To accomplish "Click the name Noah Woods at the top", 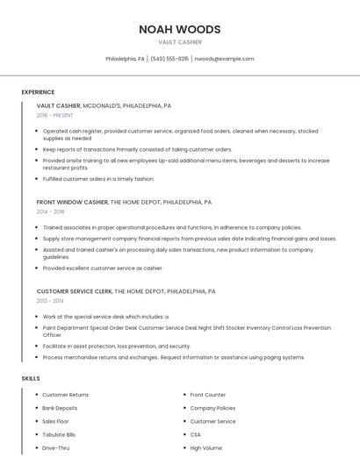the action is point(179,29).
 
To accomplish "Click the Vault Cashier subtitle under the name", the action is point(179,42).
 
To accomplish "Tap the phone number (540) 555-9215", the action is point(169,59).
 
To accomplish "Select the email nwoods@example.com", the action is point(224,59).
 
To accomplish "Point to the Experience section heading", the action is point(38,92).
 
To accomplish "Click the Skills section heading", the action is point(31,378).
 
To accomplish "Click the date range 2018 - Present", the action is point(55,115).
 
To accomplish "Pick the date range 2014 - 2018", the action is point(50,211).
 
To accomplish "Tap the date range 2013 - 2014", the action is point(50,300).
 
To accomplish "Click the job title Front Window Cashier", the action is point(73,202).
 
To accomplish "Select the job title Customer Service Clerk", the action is point(75,290).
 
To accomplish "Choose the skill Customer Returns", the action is point(66,395).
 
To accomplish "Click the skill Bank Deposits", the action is point(60,408).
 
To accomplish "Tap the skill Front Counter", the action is point(208,395).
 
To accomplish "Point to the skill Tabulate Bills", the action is point(59,434).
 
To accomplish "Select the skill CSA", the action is point(196,434).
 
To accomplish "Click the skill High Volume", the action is point(207,447).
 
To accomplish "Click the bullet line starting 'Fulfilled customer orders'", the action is point(98,179).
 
